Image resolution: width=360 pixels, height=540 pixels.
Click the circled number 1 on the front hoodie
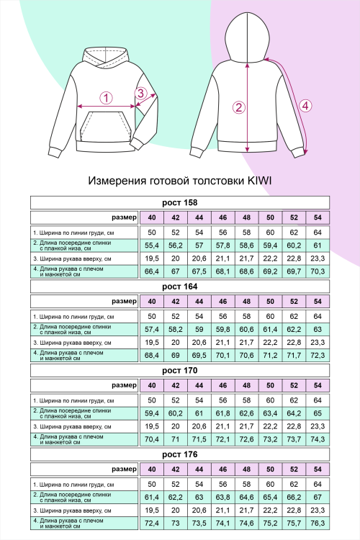[106, 98]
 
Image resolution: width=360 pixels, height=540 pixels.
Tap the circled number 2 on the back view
[239, 108]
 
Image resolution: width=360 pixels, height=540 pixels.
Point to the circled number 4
[305, 105]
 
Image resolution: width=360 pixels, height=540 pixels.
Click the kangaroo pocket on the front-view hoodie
[106, 130]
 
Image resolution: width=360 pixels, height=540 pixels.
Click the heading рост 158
[179, 202]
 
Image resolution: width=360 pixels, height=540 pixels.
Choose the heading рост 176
[179, 454]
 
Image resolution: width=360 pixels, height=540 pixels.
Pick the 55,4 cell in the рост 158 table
[152, 246]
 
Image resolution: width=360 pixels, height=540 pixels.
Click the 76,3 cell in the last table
[318, 522]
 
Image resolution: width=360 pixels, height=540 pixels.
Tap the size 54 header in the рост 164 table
[318, 302]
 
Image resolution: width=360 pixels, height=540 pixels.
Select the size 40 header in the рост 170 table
[152, 386]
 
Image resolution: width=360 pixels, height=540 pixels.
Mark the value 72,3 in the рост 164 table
[318, 355]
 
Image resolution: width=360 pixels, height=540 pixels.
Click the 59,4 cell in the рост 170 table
[152, 413]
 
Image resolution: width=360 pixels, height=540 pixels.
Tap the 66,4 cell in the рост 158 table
[152, 271]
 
